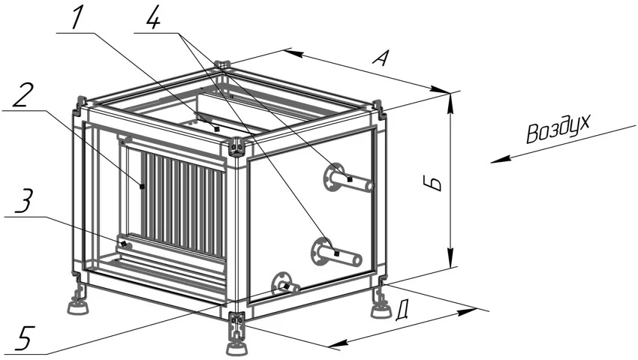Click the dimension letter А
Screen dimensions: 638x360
click(x=381, y=58)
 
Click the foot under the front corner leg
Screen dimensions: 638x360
click(x=236, y=349)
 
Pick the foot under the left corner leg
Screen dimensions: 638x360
click(x=79, y=307)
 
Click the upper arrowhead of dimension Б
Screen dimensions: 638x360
click(x=450, y=102)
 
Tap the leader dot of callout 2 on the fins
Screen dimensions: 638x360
click(x=142, y=186)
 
